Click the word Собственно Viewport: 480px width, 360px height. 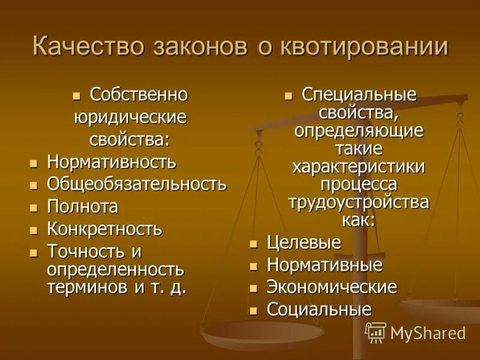(139, 95)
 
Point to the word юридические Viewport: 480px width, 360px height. (130, 117)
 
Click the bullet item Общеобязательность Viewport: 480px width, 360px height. (137, 184)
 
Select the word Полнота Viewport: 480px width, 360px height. (83, 206)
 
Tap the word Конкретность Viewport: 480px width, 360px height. (104, 229)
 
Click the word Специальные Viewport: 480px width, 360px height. (359, 95)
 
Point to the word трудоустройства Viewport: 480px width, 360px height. (359, 202)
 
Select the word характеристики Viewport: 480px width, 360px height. (359, 166)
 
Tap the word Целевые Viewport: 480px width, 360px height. (304, 242)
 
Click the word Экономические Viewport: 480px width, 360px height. (332, 287)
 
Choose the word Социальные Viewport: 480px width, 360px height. (319, 310)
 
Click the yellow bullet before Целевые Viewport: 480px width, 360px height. (254, 244)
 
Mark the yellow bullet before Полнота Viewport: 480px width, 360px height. (34, 208)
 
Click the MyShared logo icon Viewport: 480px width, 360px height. (376, 332)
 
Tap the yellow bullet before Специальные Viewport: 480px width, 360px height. (289, 95)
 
